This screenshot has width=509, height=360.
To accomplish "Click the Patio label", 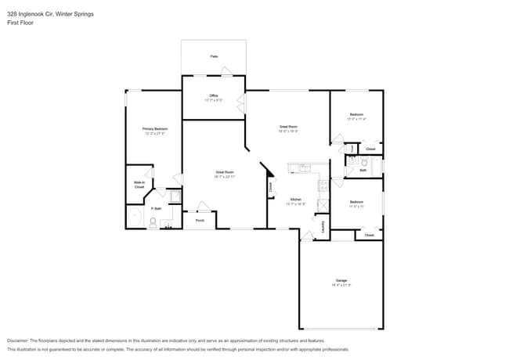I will point(214,56).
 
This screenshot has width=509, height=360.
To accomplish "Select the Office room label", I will point(214,95).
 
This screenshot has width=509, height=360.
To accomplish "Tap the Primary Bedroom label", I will point(154,128).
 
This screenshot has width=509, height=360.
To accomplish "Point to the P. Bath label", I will point(157,209).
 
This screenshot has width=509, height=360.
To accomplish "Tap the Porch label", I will point(200,221).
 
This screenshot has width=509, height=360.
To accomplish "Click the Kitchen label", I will point(296,200).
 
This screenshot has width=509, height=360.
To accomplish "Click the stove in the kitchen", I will point(322,185).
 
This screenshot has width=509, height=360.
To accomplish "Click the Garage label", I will point(341,280).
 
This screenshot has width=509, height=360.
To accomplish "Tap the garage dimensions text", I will point(341,286).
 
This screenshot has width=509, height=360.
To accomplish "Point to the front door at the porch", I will point(203,207).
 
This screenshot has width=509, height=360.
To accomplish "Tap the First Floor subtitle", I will point(20,23).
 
